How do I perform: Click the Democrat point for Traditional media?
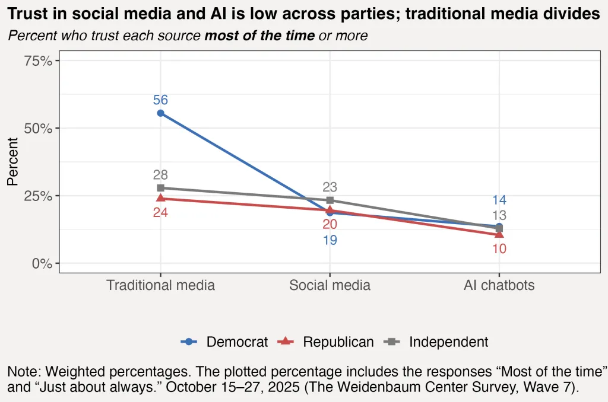(160, 113)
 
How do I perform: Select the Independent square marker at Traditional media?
(160, 188)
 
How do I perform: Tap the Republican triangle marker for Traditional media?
(160, 198)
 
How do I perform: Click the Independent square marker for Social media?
(330, 200)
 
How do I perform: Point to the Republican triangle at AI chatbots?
(499, 234)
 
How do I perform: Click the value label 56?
(160, 100)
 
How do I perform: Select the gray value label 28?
(160, 175)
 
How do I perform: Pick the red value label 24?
(160, 212)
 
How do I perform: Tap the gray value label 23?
(330, 187)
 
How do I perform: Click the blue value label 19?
(330, 241)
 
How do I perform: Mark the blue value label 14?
(499, 200)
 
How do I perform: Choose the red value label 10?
(499, 249)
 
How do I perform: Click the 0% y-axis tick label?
(43, 263)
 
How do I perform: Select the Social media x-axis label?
(330, 285)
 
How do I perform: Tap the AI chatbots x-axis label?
(499, 285)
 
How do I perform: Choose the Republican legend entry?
(338, 342)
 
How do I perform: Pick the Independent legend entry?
(448, 342)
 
